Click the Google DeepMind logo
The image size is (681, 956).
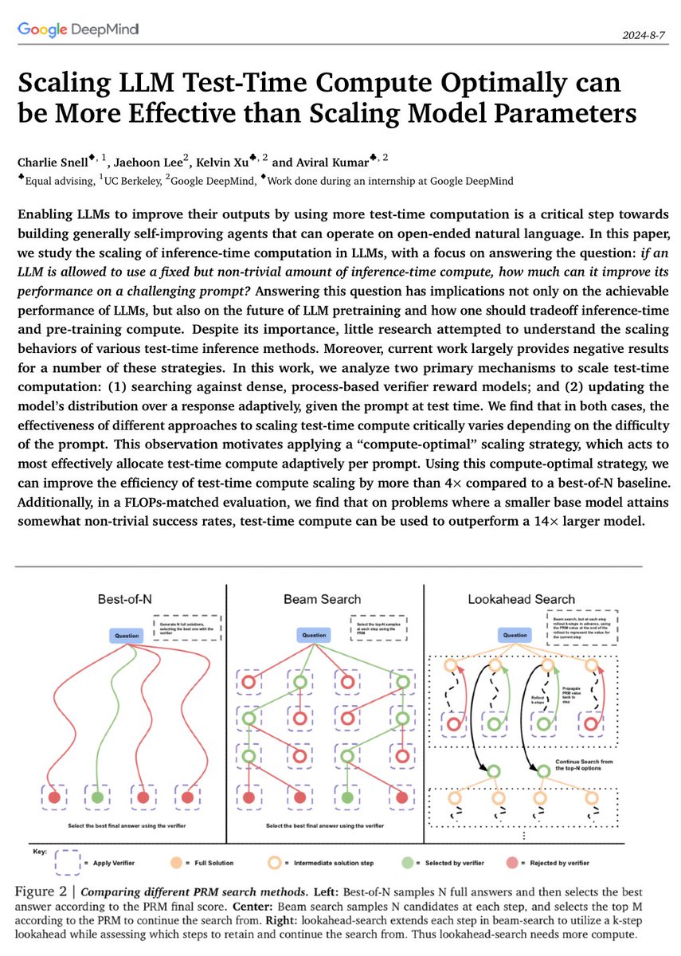76,30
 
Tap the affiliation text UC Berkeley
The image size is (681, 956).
132,181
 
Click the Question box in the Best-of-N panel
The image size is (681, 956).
127,635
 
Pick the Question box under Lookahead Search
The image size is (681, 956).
513,635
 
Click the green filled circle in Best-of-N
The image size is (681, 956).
97,796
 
